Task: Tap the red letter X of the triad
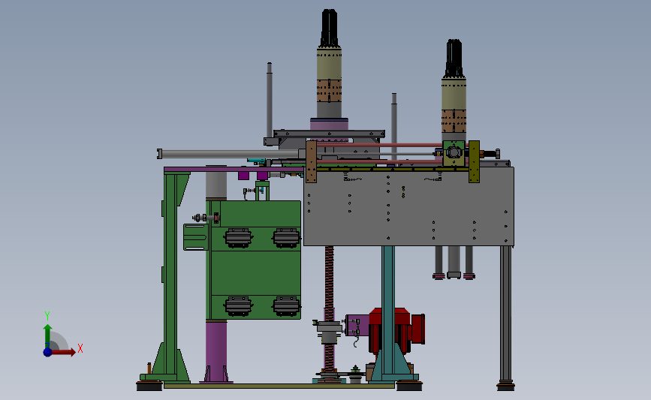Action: [80, 348]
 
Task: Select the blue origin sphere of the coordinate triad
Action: [48, 352]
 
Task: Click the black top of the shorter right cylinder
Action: [454, 59]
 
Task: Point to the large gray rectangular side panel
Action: [409, 206]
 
